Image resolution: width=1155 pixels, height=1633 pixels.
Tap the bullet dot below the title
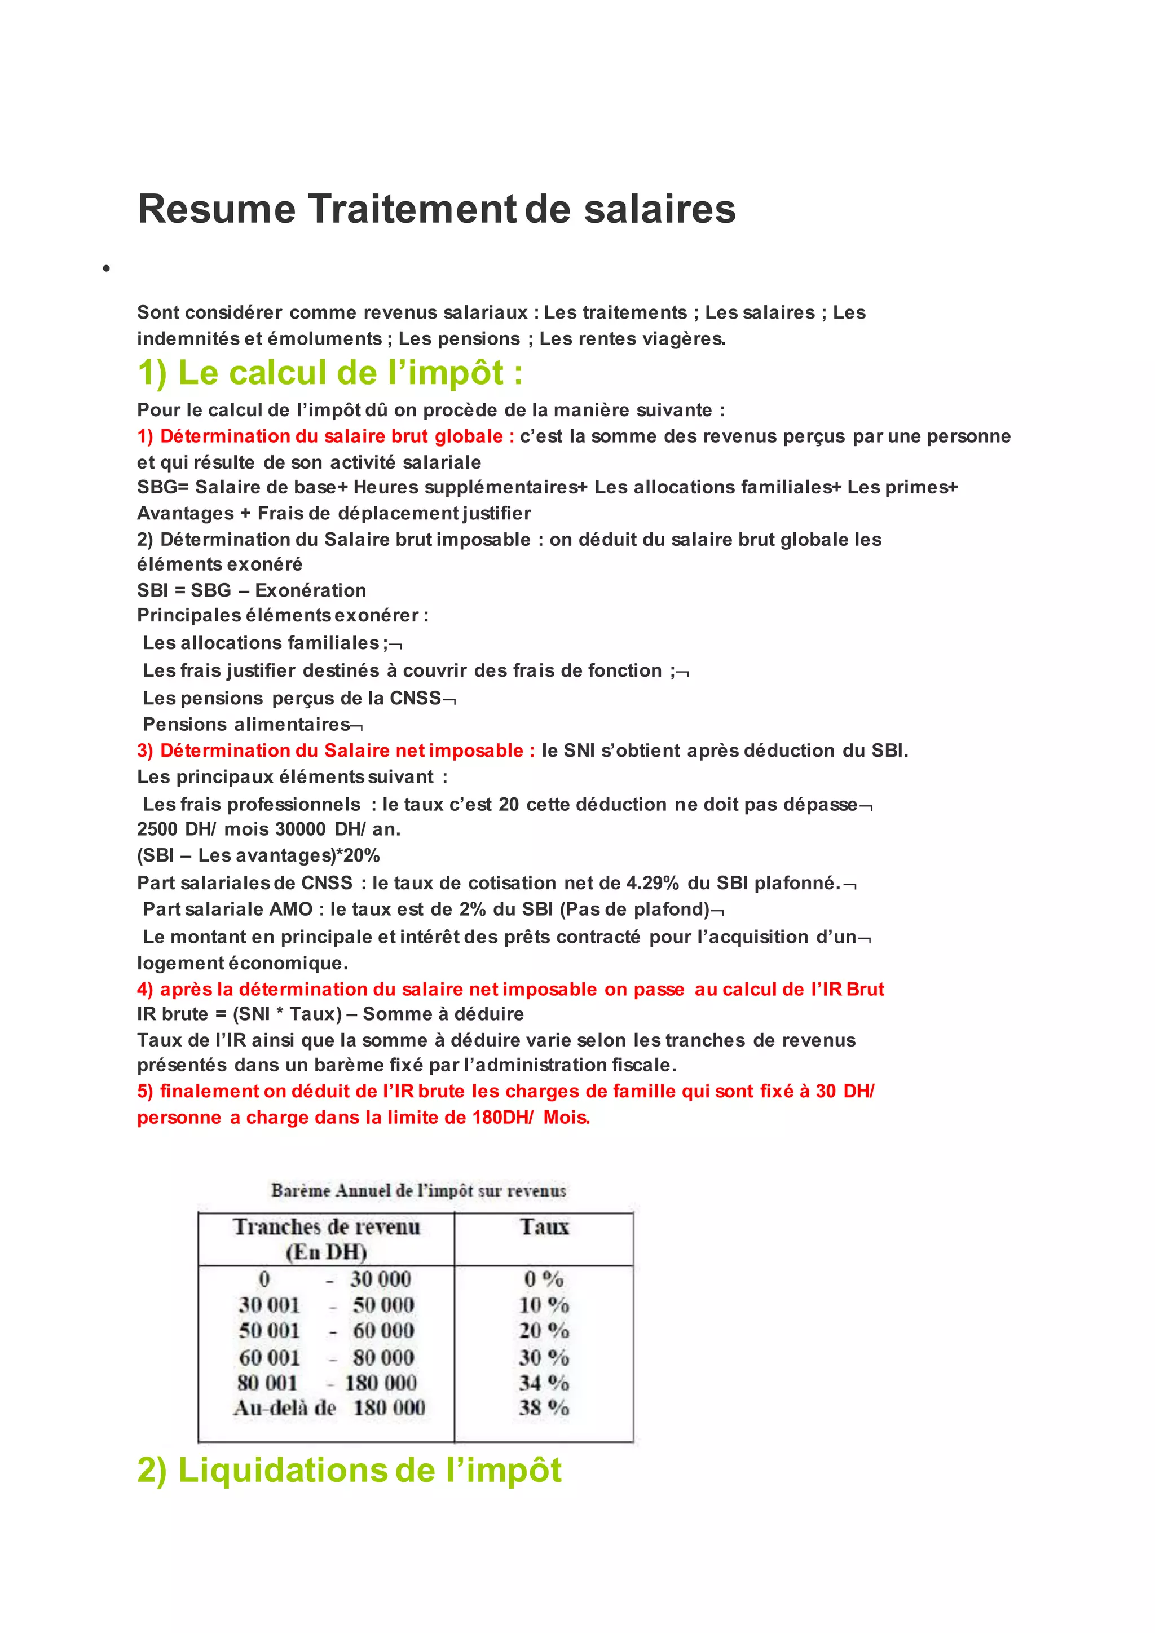[x=106, y=269]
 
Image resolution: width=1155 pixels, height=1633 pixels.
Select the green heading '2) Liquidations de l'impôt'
[x=349, y=1470]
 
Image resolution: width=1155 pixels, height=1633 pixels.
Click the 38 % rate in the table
[x=543, y=1407]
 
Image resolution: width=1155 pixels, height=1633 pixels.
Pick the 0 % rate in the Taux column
[x=543, y=1279]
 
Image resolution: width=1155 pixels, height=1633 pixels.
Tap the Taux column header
[x=544, y=1227]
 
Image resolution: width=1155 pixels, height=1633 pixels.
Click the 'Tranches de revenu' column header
[x=327, y=1227]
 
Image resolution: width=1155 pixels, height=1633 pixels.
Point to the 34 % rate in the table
[x=543, y=1383]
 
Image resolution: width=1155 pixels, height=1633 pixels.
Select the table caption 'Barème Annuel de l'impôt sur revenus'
[x=418, y=1190]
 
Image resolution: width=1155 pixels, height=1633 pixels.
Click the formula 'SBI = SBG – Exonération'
[x=251, y=590]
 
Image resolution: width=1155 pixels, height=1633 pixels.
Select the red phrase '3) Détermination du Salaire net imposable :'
[x=336, y=751]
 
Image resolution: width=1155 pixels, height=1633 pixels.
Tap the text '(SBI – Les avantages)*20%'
[x=258, y=855]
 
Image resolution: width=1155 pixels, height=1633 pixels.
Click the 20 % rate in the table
[x=543, y=1331]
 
